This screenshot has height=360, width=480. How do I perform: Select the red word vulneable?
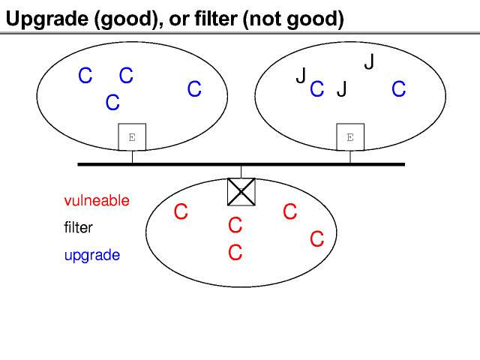click(x=97, y=201)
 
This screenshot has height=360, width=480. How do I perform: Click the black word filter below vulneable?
click(x=79, y=227)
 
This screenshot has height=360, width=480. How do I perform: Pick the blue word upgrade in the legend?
click(x=92, y=255)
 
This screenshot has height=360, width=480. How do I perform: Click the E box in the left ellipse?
click(x=132, y=137)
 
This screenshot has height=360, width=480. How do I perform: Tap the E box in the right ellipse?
click(x=349, y=137)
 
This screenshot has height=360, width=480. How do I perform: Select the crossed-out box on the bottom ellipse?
click(x=241, y=191)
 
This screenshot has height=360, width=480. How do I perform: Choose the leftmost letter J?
click(x=301, y=76)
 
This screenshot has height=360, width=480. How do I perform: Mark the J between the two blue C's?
click(x=342, y=90)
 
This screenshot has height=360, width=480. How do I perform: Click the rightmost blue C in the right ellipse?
click(x=398, y=90)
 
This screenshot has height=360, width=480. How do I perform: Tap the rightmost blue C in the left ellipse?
click(x=194, y=90)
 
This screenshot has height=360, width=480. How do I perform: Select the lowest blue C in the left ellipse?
click(x=112, y=103)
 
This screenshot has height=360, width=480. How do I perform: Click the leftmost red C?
click(x=180, y=213)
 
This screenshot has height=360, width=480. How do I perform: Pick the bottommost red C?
click(x=235, y=253)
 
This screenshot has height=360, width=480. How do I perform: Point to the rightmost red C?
click(x=316, y=239)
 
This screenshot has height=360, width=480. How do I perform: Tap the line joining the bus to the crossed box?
click(x=241, y=171)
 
